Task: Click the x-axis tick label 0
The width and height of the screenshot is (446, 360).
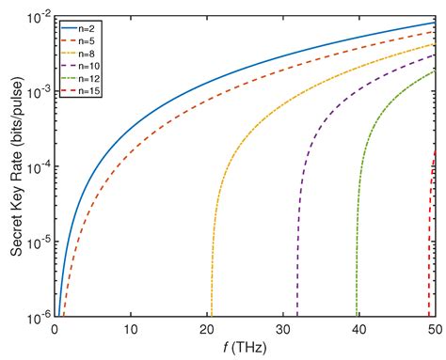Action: pos(55,330)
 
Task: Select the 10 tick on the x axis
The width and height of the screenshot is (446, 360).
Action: pos(131,330)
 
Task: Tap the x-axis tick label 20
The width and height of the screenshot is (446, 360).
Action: pos(207,330)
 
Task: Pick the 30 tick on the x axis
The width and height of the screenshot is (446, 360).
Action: pos(283,330)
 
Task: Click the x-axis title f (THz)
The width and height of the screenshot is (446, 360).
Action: pos(245,348)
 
